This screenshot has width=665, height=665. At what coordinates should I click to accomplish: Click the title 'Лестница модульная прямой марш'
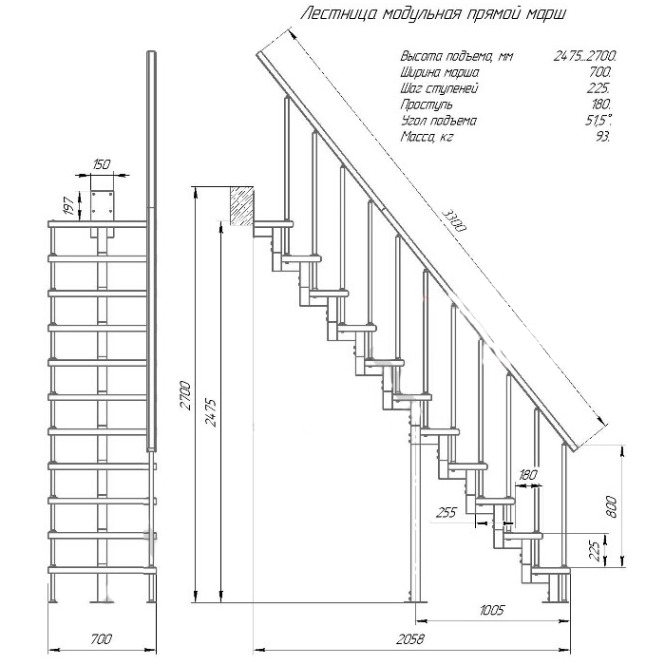click(433, 14)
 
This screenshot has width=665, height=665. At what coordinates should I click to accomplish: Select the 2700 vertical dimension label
click(186, 395)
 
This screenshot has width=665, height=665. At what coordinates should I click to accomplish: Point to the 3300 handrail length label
click(454, 220)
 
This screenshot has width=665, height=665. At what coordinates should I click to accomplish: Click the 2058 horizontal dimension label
click(410, 638)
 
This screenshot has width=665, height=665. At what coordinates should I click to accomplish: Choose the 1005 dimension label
click(492, 610)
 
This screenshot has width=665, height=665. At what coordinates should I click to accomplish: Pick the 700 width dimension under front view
click(101, 638)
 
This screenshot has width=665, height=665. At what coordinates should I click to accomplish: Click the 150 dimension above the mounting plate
click(101, 164)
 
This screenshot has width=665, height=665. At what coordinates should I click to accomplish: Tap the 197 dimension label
click(71, 204)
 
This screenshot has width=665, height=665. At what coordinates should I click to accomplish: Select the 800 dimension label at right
click(611, 506)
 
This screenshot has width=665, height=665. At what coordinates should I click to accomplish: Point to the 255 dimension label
click(446, 513)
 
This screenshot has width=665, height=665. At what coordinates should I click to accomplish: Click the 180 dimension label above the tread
click(527, 475)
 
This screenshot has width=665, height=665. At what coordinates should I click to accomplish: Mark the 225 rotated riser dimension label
click(596, 551)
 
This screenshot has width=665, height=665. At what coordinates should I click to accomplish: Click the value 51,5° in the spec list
click(598, 121)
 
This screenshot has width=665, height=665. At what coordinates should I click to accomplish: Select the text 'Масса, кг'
click(427, 137)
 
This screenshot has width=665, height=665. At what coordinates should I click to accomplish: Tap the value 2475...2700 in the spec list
click(585, 56)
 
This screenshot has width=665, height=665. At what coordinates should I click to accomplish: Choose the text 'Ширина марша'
click(440, 72)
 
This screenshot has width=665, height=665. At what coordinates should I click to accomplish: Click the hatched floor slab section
click(242, 206)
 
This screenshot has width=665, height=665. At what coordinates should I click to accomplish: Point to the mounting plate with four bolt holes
click(103, 204)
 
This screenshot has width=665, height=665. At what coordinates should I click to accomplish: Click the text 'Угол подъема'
click(439, 121)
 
